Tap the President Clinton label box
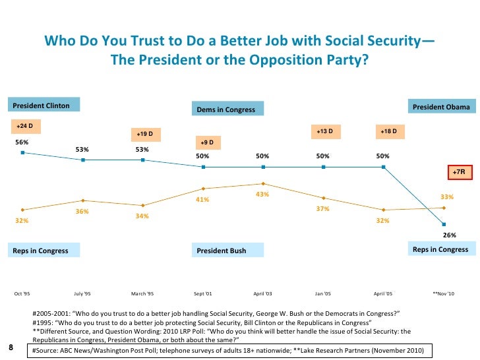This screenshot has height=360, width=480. [x=44, y=105]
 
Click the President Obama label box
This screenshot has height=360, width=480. [x=441, y=107]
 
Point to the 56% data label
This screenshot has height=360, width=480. [x=22, y=142]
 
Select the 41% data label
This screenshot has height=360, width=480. [x=202, y=199]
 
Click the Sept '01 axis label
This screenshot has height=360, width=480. [x=202, y=293]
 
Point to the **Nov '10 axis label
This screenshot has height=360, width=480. [x=443, y=293]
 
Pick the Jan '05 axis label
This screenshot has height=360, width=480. [x=322, y=293]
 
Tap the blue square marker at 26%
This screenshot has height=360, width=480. [x=444, y=224]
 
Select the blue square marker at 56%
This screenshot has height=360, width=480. [x=22, y=152]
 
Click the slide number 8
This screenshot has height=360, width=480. [x=11, y=347]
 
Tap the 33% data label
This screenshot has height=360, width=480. [x=446, y=196]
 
